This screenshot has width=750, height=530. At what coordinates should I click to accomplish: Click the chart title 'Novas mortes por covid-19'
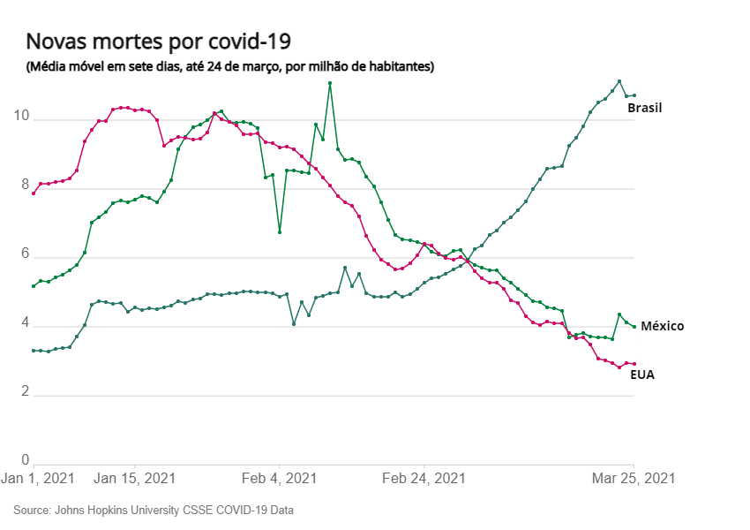[x=159, y=42]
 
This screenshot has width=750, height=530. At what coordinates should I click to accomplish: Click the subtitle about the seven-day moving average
[x=229, y=66]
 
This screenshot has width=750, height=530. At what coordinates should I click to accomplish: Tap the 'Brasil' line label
[x=644, y=108]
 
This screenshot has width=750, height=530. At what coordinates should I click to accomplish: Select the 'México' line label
[x=662, y=326]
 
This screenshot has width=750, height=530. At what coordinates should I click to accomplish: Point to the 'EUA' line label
[x=642, y=375]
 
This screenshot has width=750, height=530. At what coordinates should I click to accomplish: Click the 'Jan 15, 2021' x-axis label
[x=135, y=478]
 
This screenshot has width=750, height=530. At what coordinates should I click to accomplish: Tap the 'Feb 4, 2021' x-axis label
[x=279, y=478]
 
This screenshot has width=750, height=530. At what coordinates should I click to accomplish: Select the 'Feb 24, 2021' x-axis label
[x=424, y=478]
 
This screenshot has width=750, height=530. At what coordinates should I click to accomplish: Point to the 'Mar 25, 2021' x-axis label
[x=633, y=478]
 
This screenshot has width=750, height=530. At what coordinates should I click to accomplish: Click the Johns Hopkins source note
[x=154, y=511]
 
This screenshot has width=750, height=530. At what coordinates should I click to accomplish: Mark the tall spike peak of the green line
[x=330, y=83]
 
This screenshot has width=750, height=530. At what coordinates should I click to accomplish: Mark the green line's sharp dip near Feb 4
[x=280, y=232]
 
